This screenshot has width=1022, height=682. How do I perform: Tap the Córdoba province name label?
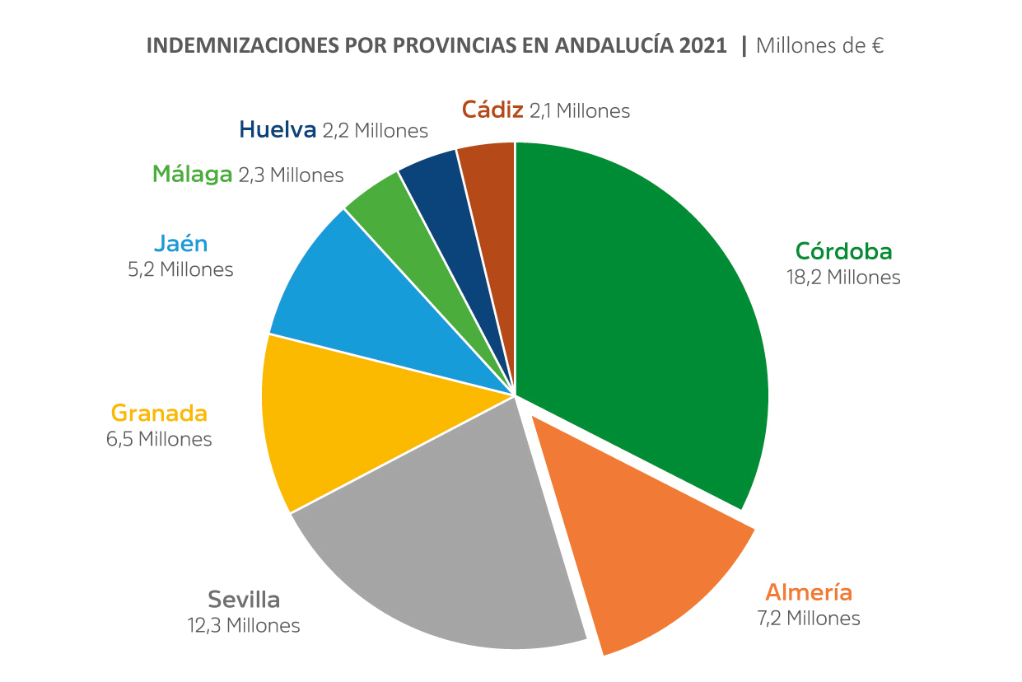pyautogui.click(x=843, y=250)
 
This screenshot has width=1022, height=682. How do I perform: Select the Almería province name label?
pyautogui.click(x=808, y=592)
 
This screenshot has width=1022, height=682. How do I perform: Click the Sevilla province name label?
pyautogui.click(x=244, y=599)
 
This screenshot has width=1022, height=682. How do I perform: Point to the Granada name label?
pyautogui.click(x=159, y=413)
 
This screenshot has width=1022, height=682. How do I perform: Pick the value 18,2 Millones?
pyautogui.click(x=843, y=278)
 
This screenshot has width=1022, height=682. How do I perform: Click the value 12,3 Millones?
pyautogui.click(x=244, y=626)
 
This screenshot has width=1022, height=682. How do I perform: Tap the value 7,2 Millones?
pyautogui.click(x=808, y=619)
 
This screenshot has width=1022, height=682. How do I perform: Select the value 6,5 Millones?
pyautogui.click(x=159, y=439)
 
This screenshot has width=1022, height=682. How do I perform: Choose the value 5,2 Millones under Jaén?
pyautogui.click(x=180, y=269)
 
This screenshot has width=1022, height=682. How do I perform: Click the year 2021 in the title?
pyautogui.click(x=703, y=46)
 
